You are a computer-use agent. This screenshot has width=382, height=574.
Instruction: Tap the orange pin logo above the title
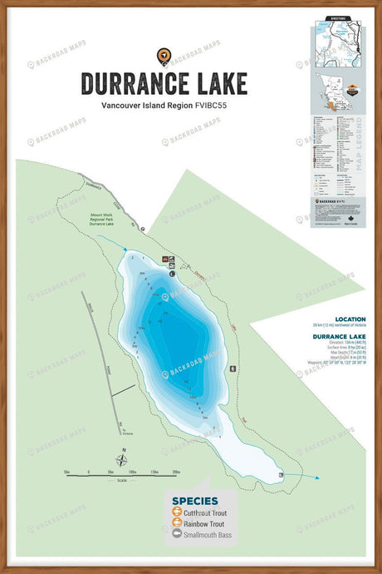click(x=164, y=56)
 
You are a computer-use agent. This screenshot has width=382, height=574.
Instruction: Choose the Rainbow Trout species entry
click(x=203, y=524)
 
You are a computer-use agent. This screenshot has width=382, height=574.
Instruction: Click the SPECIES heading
click(x=194, y=501)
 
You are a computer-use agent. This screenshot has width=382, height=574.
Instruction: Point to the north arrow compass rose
click(x=122, y=459)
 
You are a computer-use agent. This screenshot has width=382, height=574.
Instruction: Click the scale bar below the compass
click(x=121, y=473)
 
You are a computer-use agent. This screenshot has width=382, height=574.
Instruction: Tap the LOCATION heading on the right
click(x=350, y=319)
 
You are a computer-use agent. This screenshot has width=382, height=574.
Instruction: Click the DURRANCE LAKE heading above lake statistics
click(x=339, y=336)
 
